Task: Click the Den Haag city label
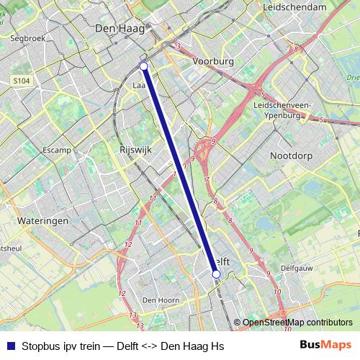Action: click(x=117, y=28)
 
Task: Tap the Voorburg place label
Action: click(x=213, y=62)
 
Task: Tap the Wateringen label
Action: click(x=42, y=220)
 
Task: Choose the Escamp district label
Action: click(x=56, y=150)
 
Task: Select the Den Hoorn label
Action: click(x=159, y=300)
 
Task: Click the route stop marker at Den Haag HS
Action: click(x=143, y=66)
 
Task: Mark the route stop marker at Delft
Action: click(x=216, y=274)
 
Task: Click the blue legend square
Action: click(x=10, y=346)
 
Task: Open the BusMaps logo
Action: click(x=325, y=346)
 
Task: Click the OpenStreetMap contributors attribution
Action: click(x=297, y=323)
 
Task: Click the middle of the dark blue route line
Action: click(x=180, y=170)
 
